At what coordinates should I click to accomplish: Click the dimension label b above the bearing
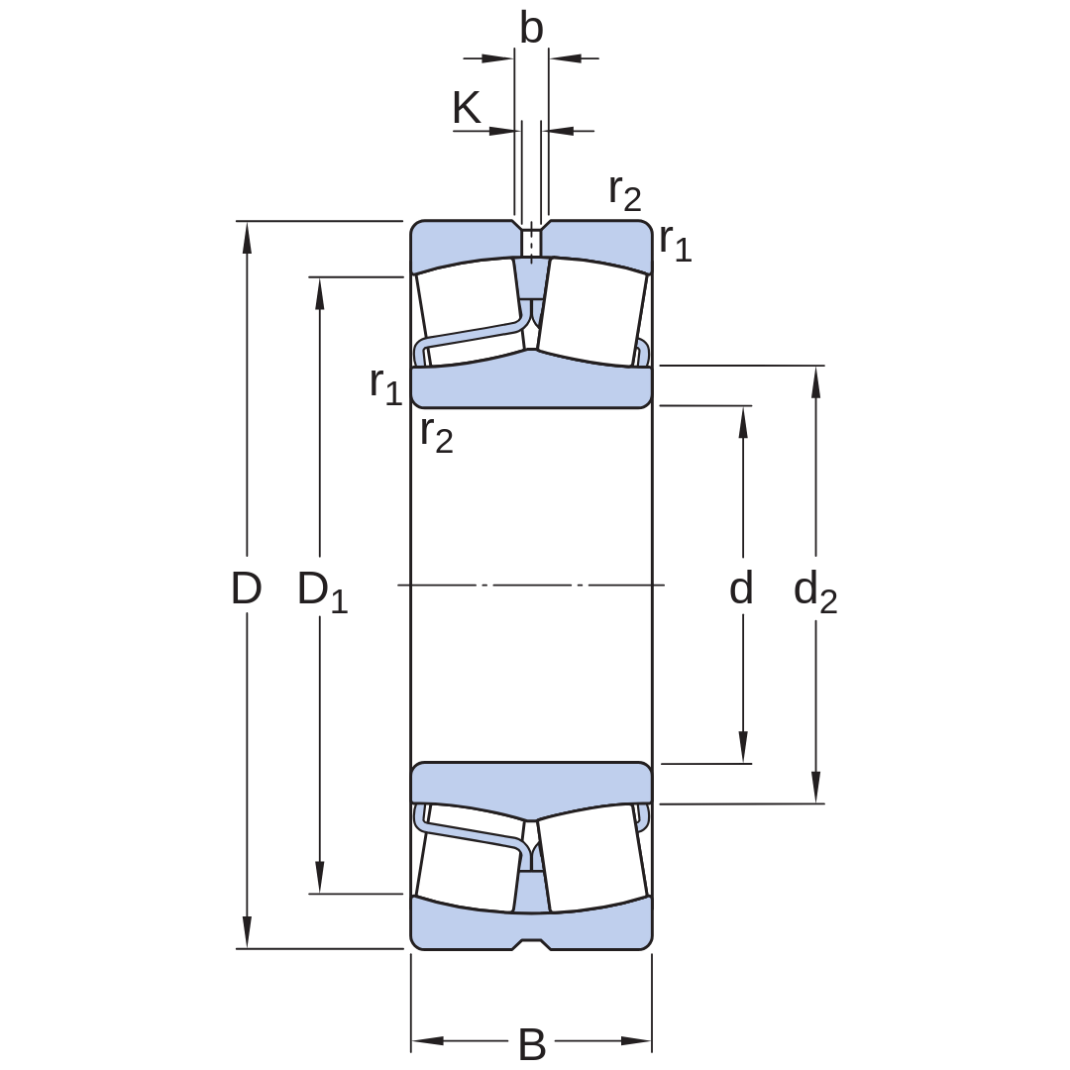[x=532, y=29]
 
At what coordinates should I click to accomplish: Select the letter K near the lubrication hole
[x=467, y=107]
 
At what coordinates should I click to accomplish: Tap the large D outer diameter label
[x=247, y=588]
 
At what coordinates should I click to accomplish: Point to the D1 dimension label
[x=323, y=590]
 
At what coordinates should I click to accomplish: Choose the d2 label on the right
[x=815, y=590]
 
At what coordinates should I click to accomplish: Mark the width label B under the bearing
[x=532, y=1044]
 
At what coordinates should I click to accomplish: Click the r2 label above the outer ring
[x=625, y=192]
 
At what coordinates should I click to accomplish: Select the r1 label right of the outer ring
[x=676, y=243]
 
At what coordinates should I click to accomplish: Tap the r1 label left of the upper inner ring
[x=386, y=387]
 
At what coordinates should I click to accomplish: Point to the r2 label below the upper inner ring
[x=437, y=435]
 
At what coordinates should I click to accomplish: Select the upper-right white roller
[x=591, y=311]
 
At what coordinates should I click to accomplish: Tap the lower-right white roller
[x=591, y=858]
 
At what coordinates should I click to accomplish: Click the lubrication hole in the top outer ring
[x=531, y=241]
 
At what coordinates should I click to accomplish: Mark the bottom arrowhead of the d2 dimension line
[x=815, y=788]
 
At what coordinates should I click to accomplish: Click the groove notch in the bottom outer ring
[x=531, y=944]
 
